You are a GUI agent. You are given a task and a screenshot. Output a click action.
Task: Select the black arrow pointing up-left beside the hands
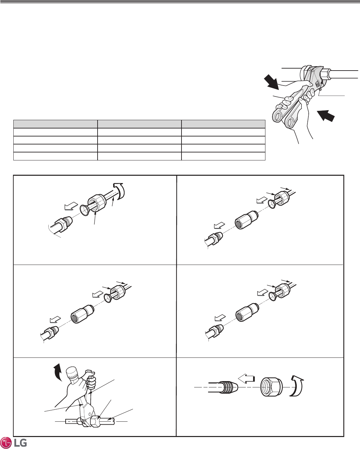[326, 115]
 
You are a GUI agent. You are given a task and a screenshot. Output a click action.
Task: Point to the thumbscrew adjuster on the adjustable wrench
[317, 84]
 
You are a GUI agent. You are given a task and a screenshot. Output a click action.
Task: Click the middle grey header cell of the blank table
[140, 124]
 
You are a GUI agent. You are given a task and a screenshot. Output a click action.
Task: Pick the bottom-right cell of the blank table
[223, 156]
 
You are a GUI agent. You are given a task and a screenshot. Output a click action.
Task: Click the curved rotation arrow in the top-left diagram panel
[119, 191]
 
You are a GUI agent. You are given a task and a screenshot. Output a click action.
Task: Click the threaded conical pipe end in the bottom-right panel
[229, 387]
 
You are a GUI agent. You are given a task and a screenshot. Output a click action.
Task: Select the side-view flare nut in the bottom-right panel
[271, 387]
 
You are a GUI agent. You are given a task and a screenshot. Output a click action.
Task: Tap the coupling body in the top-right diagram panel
[247, 220]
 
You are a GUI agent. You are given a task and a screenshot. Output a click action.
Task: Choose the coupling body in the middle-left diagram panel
[83, 314]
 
